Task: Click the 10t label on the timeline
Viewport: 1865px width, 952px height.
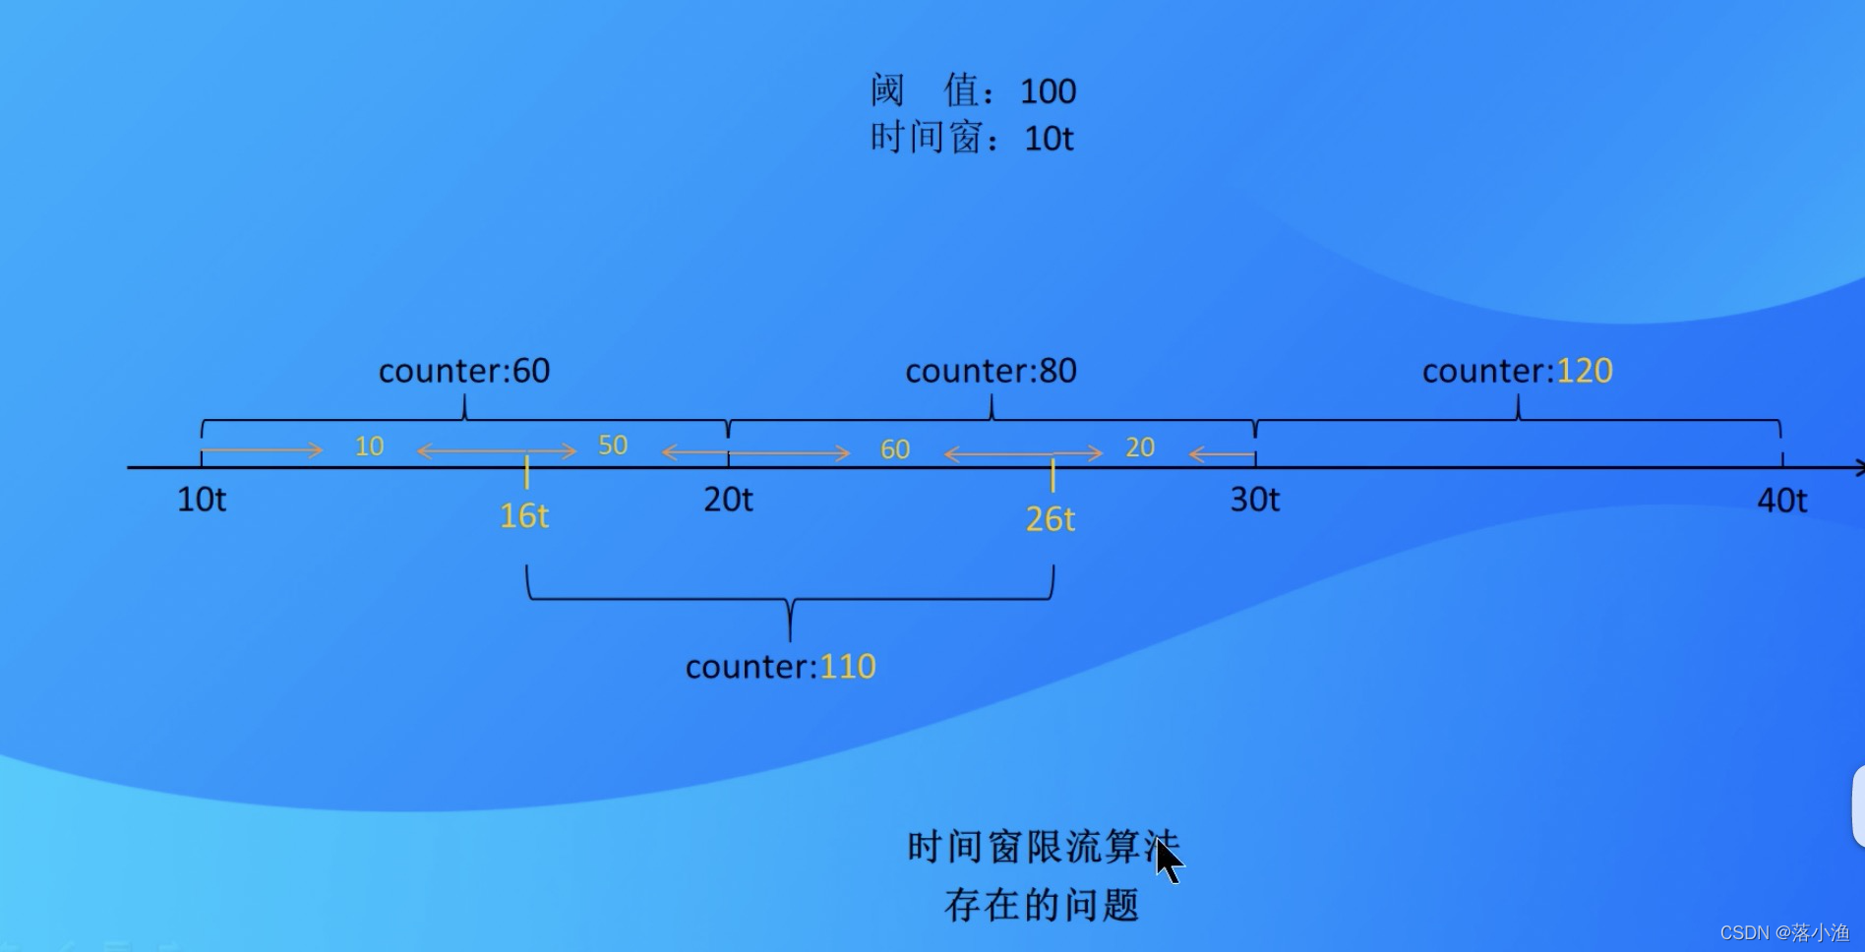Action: [202, 500]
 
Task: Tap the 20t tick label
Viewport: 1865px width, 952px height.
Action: [728, 500]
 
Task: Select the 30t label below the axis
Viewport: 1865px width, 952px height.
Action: [1254, 500]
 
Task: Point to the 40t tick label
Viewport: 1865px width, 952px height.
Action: [1781, 501]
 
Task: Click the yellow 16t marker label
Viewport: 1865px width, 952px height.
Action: [523, 516]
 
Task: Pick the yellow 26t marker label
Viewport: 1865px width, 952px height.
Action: [1050, 519]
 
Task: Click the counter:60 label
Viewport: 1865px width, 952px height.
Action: [464, 371]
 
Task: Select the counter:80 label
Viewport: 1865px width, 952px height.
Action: [991, 371]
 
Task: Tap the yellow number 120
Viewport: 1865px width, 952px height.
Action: [1584, 371]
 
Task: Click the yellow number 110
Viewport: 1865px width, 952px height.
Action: [847, 667]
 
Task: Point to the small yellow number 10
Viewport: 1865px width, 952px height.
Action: [369, 446]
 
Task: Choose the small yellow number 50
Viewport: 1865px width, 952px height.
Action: [613, 446]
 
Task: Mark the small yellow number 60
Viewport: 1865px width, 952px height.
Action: [895, 449]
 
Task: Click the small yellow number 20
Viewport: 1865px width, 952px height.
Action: [1140, 447]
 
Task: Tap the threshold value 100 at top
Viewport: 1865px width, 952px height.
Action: [1048, 91]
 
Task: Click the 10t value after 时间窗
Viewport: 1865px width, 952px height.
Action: [1049, 139]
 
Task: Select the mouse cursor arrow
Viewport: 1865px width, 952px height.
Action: [1168, 862]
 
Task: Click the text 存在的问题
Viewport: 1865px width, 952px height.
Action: [1042, 905]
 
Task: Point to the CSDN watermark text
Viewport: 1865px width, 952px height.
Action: [1783, 932]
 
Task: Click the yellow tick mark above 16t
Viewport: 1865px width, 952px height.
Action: [527, 472]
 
